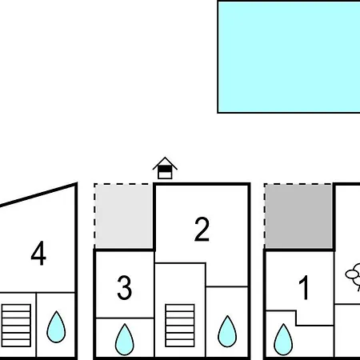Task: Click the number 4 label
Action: (38, 254)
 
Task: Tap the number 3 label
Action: (125, 287)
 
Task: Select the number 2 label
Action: (202, 229)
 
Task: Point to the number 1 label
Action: (304, 287)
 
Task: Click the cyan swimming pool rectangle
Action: (289, 57)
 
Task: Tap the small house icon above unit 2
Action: (165, 168)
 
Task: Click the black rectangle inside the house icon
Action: (165, 169)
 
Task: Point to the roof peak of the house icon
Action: (165, 157)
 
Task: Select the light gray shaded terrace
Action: (124, 217)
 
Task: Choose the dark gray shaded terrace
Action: (298, 217)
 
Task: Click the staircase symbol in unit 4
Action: (16, 326)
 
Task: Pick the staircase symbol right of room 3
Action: (180, 326)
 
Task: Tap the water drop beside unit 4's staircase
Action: (56, 327)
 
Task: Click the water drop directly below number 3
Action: (125, 340)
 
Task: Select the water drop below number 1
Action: (283, 340)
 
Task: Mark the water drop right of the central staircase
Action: (227, 331)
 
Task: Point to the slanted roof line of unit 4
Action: (38, 195)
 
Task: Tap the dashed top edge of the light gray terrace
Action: (124, 184)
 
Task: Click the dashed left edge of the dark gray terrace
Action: (265, 216)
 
